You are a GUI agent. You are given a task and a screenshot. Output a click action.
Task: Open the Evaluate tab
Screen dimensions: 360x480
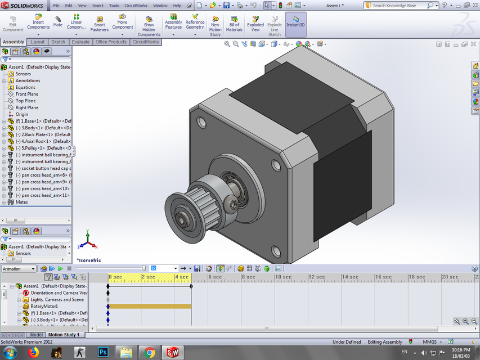click(80, 42)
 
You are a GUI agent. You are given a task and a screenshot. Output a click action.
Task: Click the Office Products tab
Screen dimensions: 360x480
click(111, 42)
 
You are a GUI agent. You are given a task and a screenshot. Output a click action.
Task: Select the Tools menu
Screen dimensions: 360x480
click(114, 6)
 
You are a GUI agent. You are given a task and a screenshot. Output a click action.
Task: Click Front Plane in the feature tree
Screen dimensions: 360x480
click(26, 94)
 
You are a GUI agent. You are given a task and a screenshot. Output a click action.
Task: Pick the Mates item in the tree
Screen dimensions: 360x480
click(21, 202)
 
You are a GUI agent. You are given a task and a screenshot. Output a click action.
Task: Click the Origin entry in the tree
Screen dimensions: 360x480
click(21, 114)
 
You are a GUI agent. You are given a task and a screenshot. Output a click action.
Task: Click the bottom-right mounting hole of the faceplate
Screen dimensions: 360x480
click(276, 250)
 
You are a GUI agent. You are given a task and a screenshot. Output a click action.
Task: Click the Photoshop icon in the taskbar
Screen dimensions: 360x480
click(103, 352)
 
